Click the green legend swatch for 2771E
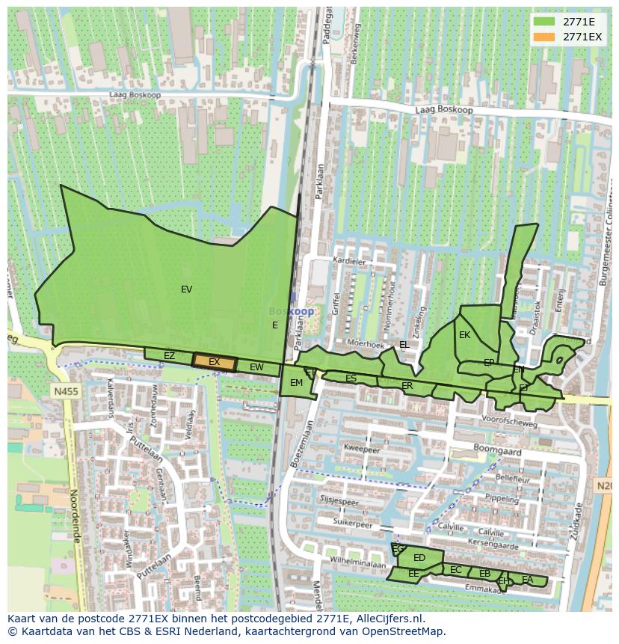pos(543,21)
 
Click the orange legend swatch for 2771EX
pos(543,37)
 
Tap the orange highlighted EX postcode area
pos(215,362)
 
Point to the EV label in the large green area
pos(186,289)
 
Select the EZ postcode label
pos(169,356)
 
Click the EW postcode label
pos(256,367)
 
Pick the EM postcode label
pos(296,383)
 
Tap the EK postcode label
pos(464,335)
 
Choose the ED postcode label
pos(419,558)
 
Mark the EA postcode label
pos(528,580)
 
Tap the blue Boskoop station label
pos(292,311)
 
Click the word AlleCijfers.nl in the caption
pos(389,619)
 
